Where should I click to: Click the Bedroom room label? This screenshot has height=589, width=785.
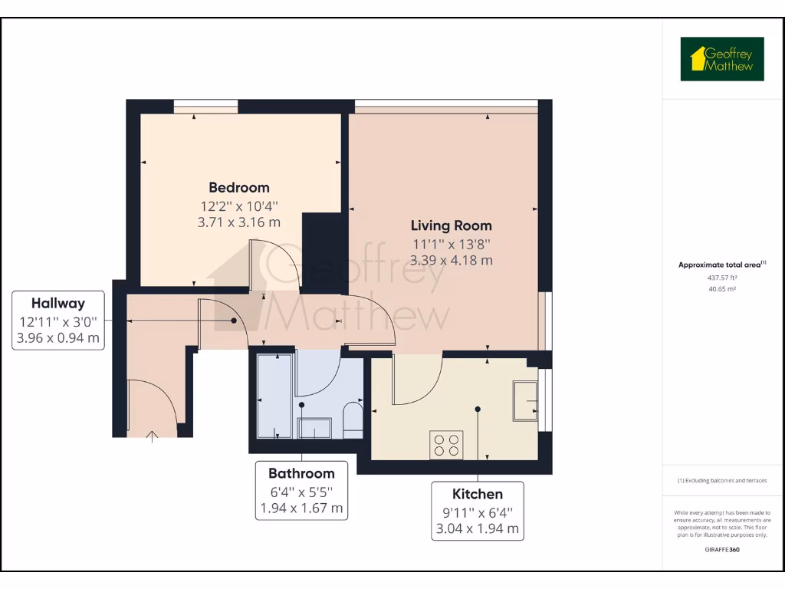click(239, 188)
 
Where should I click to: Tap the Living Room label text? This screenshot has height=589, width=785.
click(452, 226)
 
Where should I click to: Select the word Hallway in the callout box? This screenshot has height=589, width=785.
click(57, 303)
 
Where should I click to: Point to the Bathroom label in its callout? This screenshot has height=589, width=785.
click(301, 473)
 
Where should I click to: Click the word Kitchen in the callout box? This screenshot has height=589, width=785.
click(477, 494)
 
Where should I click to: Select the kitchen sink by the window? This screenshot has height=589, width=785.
click(525, 400)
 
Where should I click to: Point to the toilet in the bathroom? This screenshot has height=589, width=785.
click(353, 420)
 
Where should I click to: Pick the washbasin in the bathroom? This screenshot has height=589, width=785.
click(314, 427)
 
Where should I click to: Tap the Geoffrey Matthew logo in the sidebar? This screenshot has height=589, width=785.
click(722, 59)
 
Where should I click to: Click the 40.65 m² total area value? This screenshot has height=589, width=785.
click(721, 289)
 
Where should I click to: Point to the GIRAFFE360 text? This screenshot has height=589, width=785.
click(721, 550)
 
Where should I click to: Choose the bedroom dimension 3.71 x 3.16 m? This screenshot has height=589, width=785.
click(239, 222)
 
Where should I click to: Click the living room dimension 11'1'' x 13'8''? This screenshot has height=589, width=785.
click(452, 244)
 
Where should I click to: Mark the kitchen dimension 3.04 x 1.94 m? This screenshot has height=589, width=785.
click(477, 528)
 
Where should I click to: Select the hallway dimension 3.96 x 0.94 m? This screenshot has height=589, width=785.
click(57, 337)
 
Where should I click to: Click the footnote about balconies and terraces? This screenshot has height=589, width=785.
click(721, 481)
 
